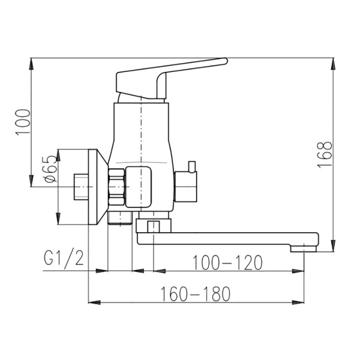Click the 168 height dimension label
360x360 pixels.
point(325,154)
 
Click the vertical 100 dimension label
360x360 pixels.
point(23,122)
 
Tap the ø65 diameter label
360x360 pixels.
point(51,169)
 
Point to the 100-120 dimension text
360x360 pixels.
point(227,262)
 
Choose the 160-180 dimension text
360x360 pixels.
point(195,294)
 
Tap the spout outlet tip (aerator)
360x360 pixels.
point(303,248)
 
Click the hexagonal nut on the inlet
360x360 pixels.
point(116,187)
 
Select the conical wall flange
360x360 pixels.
point(98,187)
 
